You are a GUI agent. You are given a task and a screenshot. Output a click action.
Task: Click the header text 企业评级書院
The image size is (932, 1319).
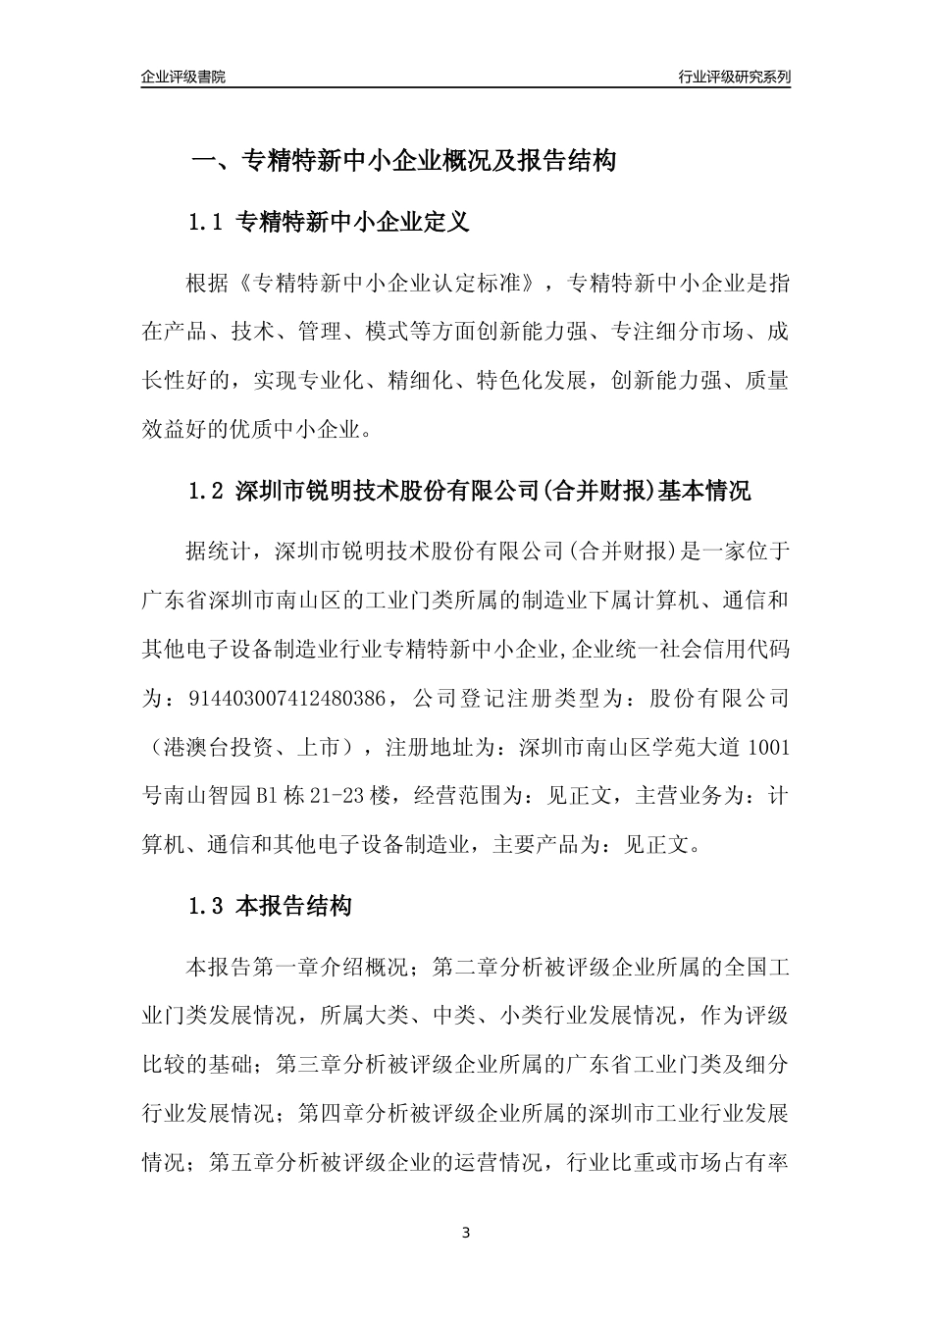(183, 77)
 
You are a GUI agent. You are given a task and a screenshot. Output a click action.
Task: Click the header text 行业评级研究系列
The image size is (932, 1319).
(734, 77)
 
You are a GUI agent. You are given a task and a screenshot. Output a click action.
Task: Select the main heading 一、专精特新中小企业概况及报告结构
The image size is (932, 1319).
(402, 161)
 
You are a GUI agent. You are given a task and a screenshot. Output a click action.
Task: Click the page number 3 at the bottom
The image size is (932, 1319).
(466, 1233)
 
